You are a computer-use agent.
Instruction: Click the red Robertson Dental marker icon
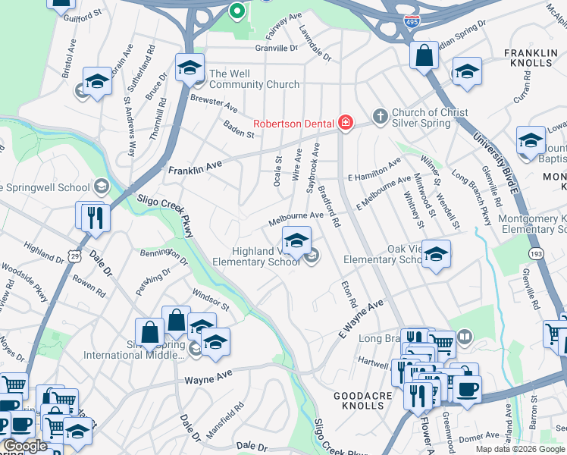pyautogui.click(x=346, y=123)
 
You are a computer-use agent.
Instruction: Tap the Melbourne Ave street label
pyautogui.click(x=296, y=218)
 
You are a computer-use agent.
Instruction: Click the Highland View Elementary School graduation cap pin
pyautogui.click(x=296, y=240)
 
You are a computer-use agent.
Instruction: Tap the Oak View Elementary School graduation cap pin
pyautogui.click(x=436, y=254)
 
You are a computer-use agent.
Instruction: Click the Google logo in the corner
pyautogui.click(x=26, y=447)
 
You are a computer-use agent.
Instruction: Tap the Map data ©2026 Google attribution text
pyautogui.click(x=520, y=449)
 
